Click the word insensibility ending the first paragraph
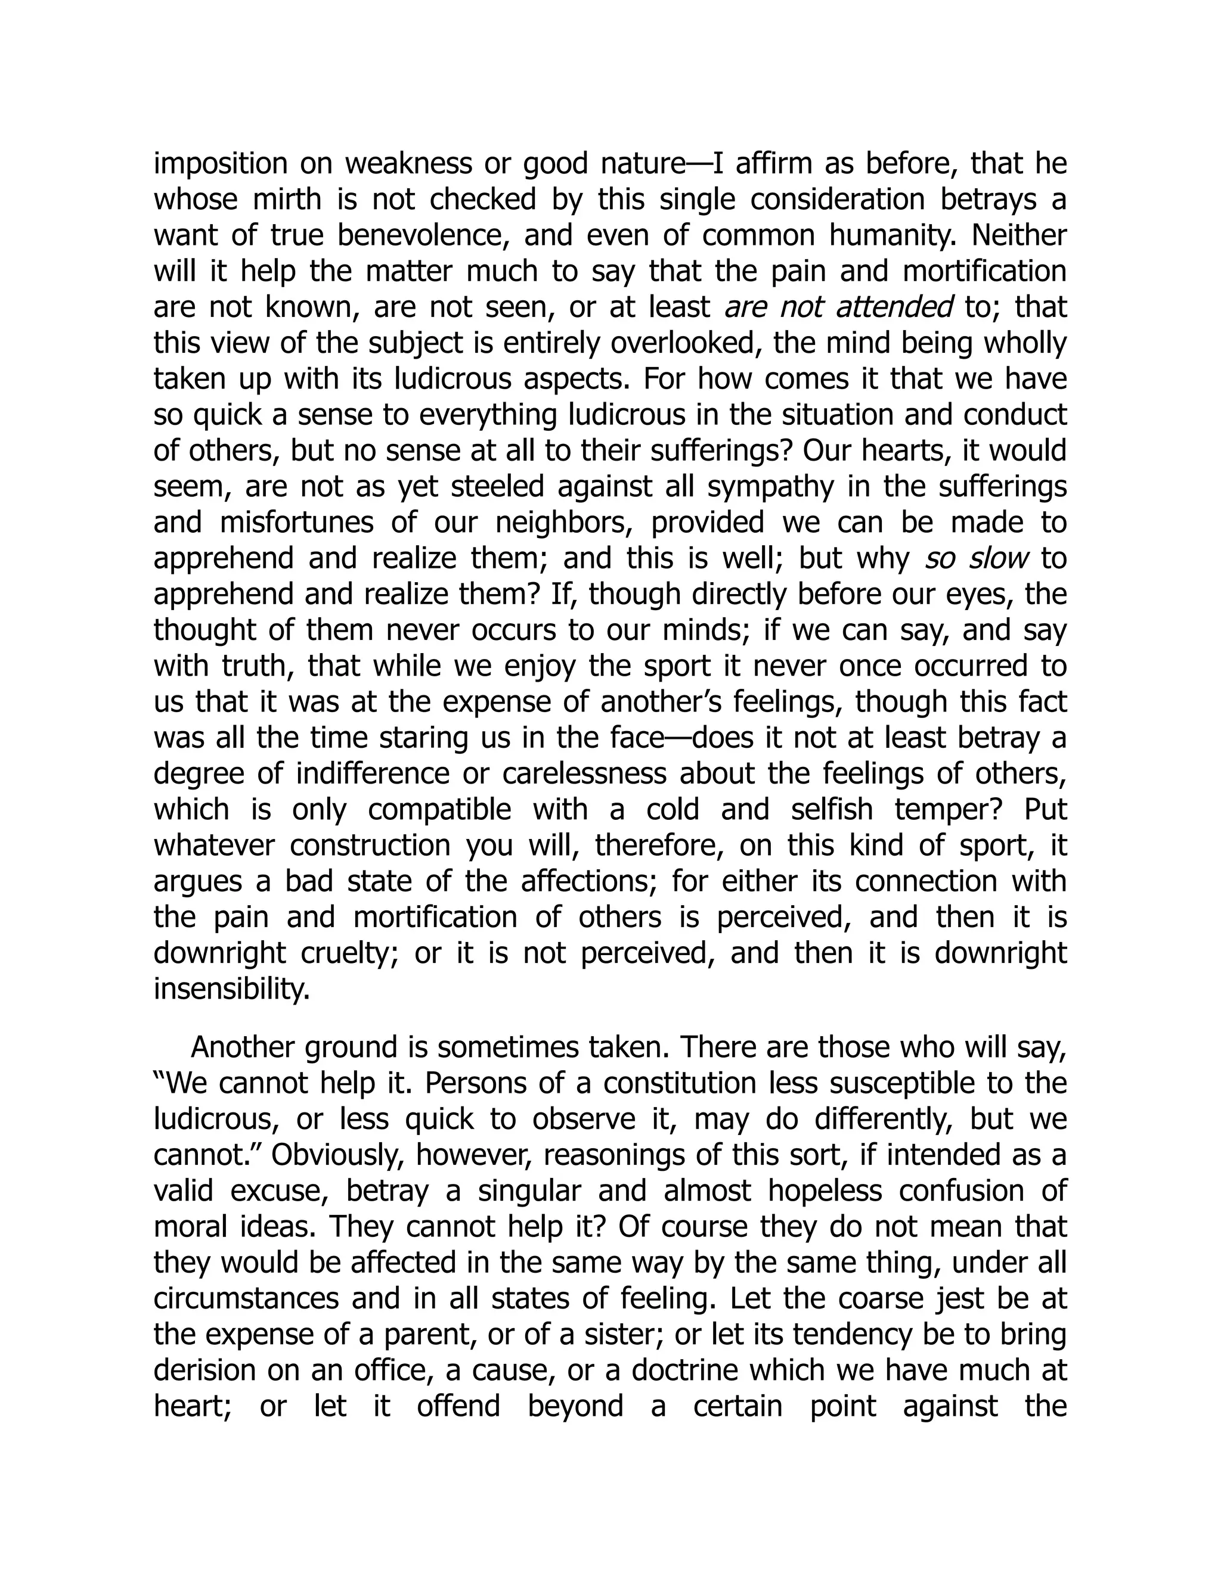pos(231,989)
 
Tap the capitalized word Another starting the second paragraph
pos(242,1048)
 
